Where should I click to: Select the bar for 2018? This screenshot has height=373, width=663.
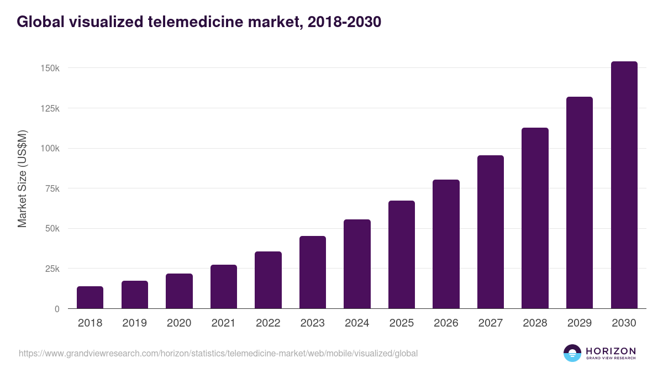click(x=90, y=297)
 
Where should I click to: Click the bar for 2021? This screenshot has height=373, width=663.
click(x=224, y=286)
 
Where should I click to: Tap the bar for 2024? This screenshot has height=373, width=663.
click(x=357, y=264)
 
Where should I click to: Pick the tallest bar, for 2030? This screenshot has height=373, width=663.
click(x=624, y=185)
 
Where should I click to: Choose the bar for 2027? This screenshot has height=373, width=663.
click(x=491, y=232)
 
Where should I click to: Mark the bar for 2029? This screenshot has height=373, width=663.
click(x=580, y=203)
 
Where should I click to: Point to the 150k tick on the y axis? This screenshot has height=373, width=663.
click(x=51, y=68)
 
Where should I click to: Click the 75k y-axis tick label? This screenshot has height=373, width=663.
click(x=53, y=188)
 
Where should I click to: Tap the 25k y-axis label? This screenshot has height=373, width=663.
click(x=53, y=269)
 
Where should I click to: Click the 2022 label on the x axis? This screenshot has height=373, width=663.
click(x=268, y=323)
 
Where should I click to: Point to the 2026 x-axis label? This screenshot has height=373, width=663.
click(x=446, y=323)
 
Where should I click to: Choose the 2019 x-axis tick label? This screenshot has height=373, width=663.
click(x=134, y=323)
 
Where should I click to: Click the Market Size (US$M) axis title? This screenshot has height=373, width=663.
click(x=23, y=178)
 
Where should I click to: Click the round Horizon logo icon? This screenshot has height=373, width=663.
click(x=572, y=353)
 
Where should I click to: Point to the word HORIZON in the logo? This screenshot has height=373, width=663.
click(x=611, y=350)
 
